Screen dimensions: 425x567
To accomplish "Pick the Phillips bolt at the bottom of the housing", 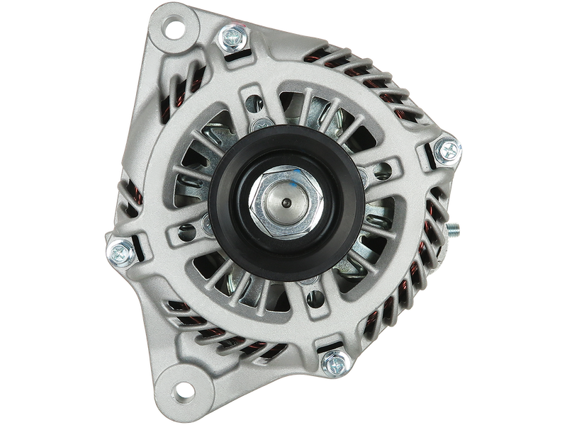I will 332,363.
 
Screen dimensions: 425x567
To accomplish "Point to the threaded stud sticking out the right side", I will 452,230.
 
